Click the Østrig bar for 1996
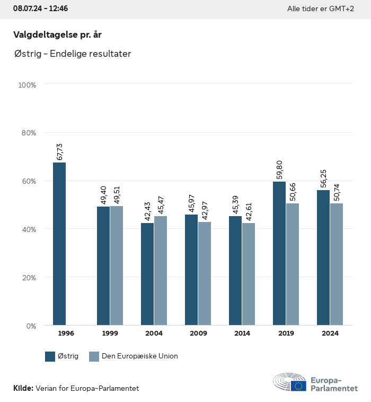coord(59,244)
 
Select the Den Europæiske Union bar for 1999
coord(117,266)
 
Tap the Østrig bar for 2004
coord(147,274)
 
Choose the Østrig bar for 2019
coord(279,253)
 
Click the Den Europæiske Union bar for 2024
coord(337,264)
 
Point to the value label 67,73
coord(60,151)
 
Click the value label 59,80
coord(280,170)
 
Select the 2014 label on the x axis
coord(242,333)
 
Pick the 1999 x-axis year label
coord(110,333)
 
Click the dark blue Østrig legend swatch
coord(50,356)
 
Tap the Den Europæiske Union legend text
coord(140,356)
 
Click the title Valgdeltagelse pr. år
coord(57,35)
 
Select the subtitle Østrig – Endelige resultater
coord(73,54)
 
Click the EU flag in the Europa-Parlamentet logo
coord(298,386)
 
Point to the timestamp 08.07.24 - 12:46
coord(40,9)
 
